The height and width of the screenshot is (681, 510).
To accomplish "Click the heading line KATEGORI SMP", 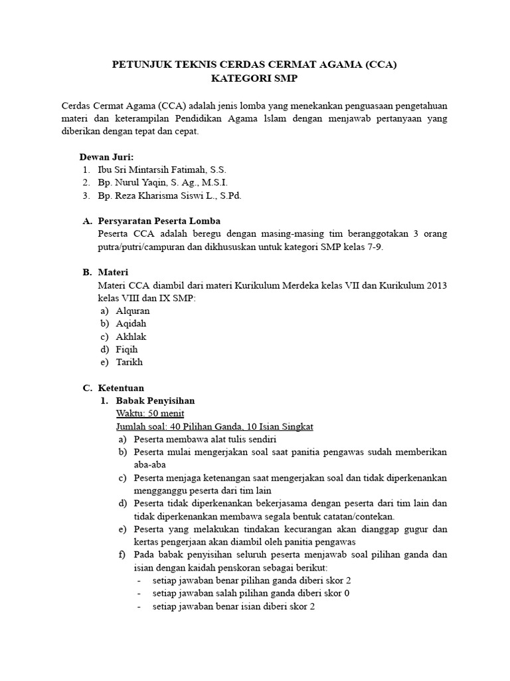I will click(x=255, y=79).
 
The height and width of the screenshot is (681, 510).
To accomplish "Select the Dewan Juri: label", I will click(x=106, y=157).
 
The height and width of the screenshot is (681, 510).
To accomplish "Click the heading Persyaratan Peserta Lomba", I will click(x=159, y=221).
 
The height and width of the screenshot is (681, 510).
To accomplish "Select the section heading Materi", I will click(x=113, y=272).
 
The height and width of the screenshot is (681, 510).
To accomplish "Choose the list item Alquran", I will click(x=133, y=311).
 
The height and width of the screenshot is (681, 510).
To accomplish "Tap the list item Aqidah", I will click(x=131, y=323).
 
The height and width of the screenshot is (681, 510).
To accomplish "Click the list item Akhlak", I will click(x=131, y=337).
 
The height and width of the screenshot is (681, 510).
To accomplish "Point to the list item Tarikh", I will click(x=129, y=362).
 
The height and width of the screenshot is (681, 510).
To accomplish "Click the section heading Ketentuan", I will click(x=121, y=388).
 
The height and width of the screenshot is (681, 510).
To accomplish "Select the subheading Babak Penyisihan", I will click(x=155, y=400).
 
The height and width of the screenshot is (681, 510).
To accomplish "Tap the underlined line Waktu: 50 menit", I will click(x=145, y=414).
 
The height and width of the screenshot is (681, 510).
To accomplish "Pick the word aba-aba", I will click(x=149, y=465).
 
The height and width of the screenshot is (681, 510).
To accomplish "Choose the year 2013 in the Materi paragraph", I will click(x=435, y=285).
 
